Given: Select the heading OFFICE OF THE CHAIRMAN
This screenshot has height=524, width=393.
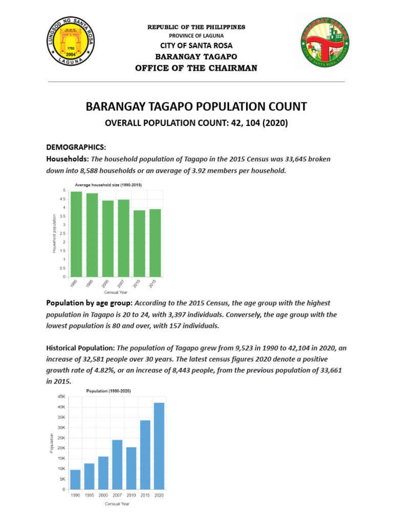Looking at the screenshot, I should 196,69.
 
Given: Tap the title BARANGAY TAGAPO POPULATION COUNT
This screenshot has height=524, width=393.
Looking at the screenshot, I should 196,106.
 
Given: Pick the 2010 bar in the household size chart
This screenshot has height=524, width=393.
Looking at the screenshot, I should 140,243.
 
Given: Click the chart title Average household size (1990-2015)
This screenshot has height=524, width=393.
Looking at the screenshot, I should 108,184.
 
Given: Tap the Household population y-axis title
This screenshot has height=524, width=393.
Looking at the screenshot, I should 54,233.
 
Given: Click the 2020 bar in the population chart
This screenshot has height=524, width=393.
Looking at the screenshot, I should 159,446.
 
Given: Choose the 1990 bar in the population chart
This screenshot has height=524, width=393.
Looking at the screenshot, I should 75,479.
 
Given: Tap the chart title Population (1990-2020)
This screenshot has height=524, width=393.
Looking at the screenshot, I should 108,391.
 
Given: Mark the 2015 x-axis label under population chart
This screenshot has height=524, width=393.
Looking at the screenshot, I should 145,495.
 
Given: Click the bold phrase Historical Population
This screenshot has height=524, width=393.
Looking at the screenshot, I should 80,347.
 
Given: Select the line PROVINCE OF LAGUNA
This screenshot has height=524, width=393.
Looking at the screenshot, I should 196,35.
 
